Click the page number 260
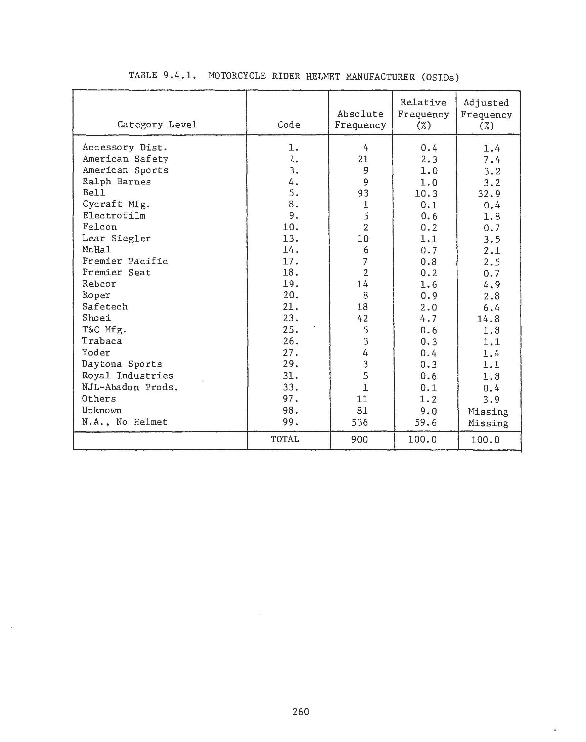[301, 711]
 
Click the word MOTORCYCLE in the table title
[237, 76]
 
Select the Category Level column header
[157, 124]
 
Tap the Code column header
[289, 125]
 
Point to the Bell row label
[94, 193]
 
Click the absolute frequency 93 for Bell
[363, 193]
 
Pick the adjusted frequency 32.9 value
[489, 194]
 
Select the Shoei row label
[96, 318]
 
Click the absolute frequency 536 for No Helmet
[360, 422]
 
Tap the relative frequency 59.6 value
[425, 422]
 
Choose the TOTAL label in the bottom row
[285, 439]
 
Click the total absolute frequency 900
[360, 440]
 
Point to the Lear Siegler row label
[116, 238]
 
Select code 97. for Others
[290, 399]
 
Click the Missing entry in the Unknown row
[488, 411]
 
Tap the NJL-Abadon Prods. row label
[130, 387]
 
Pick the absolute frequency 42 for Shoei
[363, 318]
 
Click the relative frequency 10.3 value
[426, 194]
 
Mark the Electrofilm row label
[114, 216]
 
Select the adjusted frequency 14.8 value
[489, 319]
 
